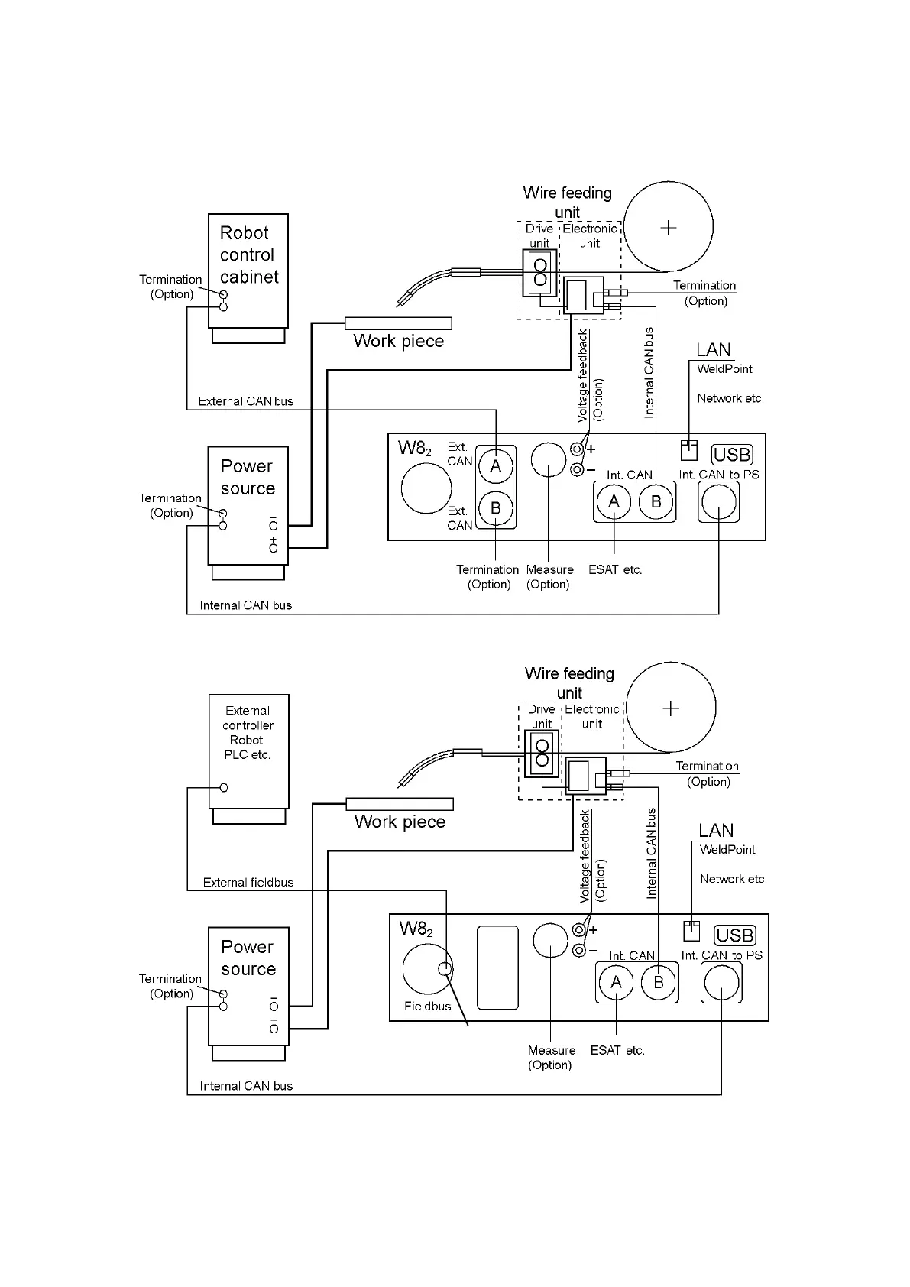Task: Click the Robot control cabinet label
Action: tap(249, 254)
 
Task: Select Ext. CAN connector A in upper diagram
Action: tap(496, 466)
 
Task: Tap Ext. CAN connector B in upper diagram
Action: tap(496, 508)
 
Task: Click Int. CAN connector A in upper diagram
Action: tap(614, 501)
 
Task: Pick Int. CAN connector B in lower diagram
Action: tap(659, 983)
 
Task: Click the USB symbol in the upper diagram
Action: tap(732, 455)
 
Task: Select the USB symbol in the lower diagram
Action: tap(735, 935)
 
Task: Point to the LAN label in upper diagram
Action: tap(714, 349)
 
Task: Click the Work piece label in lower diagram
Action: tap(400, 822)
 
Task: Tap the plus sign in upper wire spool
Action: tap(668, 228)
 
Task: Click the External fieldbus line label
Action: tap(248, 882)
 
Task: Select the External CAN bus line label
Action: tap(246, 401)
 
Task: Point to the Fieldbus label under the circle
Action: tap(427, 1006)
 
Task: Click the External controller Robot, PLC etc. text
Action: tap(248, 733)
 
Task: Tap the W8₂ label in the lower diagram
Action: tap(416, 929)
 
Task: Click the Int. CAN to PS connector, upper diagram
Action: tap(718, 502)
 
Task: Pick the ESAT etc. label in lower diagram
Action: tap(617, 1050)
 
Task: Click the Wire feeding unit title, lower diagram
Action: tap(569, 682)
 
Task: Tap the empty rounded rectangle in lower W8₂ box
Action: tap(497, 968)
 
